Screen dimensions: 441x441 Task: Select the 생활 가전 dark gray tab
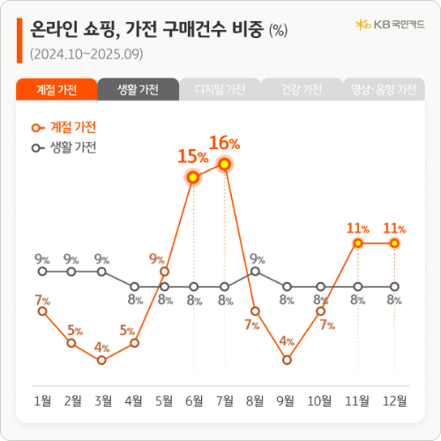click(138, 90)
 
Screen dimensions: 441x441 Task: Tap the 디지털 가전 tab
click(220, 90)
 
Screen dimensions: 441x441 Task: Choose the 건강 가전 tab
click(301, 90)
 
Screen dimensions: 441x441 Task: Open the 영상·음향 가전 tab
click(383, 90)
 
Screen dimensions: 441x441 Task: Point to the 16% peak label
click(224, 143)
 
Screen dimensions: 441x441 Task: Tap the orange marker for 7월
click(225, 164)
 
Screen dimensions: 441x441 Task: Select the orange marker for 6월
click(193, 177)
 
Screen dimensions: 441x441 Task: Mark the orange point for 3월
click(102, 360)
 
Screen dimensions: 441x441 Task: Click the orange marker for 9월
click(287, 359)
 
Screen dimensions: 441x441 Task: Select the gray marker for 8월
click(256, 272)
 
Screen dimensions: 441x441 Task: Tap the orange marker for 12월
click(394, 243)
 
